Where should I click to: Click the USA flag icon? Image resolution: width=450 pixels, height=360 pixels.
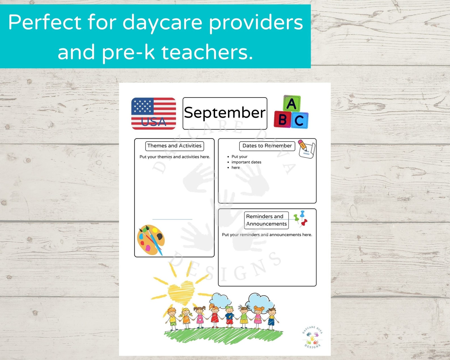coord(153,113)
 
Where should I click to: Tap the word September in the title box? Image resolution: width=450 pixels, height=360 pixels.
coord(225,113)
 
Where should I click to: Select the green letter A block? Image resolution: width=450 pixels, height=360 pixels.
coord(292,103)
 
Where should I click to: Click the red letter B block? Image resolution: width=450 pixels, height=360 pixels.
coord(282,119)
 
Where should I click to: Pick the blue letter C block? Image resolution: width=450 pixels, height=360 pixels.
coord(299,120)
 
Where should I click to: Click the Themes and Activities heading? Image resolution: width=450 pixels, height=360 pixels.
coord(174,146)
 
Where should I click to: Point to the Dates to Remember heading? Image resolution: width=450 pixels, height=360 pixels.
coord(267,146)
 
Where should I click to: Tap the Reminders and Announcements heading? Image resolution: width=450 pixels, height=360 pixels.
coord(266,220)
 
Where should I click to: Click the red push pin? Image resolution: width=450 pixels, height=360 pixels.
coord(304,223)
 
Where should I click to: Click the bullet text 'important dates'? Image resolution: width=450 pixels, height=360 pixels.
coord(246,162)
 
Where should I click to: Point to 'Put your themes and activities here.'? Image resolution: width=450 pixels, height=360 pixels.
coord(175,157)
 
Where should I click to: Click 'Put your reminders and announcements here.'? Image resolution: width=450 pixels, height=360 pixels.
coord(267,235)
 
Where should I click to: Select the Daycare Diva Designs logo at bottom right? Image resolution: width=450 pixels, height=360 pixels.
coord(312,337)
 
